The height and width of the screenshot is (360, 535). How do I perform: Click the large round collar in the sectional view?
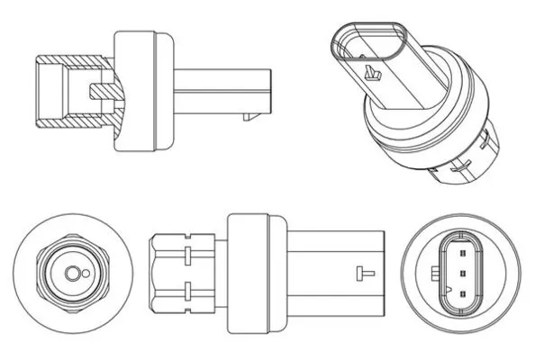point(142,87)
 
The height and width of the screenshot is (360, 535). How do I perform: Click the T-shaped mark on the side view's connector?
point(361,271)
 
